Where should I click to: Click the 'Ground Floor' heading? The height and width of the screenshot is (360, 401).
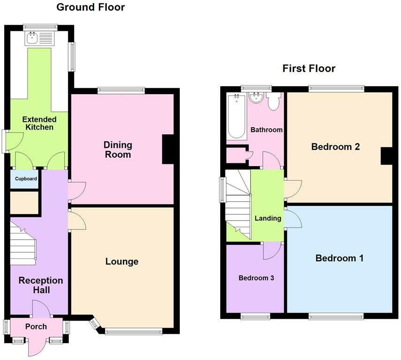pyautogui.click(x=90, y=7)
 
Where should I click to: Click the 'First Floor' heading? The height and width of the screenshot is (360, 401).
pyautogui.click(x=309, y=69)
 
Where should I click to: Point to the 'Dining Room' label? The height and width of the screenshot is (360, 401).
pyautogui.click(x=118, y=150)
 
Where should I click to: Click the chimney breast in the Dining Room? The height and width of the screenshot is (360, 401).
pyautogui.click(x=168, y=149)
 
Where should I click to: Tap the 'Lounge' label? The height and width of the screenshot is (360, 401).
pyautogui.click(x=122, y=261)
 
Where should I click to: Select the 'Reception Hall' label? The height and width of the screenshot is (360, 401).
pyautogui.click(x=41, y=285)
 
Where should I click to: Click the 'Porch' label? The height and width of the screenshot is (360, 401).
pyautogui.click(x=36, y=326)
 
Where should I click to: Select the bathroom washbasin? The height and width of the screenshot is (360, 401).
pyautogui.click(x=256, y=98)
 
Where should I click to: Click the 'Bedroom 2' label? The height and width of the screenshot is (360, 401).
pyautogui.click(x=335, y=147)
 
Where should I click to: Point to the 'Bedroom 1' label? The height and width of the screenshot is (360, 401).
pyautogui.click(x=339, y=258)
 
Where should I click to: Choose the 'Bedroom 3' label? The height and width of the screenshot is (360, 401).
pyautogui.click(x=256, y=278)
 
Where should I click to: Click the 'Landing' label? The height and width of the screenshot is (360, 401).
pyautogui.click(x=268, y=218)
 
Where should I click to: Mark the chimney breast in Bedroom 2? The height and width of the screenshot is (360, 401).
pyautogui.click(x=386, y=156)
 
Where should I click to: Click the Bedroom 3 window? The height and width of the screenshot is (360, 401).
pyautogui.click(x=255, y=316)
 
